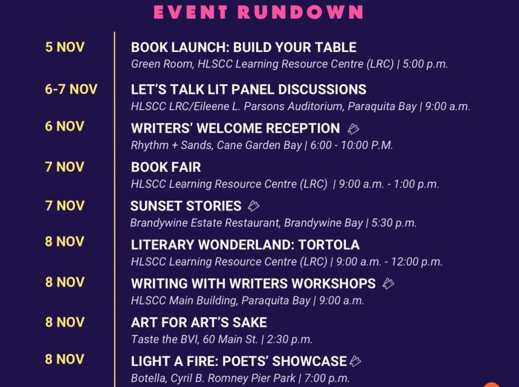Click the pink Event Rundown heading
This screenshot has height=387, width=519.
click(259, 12)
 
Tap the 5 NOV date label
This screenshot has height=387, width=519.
click(65, 47)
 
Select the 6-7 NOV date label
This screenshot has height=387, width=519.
click(71, 89)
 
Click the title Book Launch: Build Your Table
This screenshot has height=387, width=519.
click(243, 48)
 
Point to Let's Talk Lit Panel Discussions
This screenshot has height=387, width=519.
click(248, 89)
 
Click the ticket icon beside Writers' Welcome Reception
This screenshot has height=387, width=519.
click(353, 129)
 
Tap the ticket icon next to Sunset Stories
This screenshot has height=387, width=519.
click(253, 206)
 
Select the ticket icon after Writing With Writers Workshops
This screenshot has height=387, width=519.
click(388, 284)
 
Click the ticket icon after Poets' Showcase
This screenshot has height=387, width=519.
click(355, 362)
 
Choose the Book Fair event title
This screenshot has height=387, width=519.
click(166, 167)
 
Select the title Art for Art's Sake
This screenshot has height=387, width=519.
click(199, 322)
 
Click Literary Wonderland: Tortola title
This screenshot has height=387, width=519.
click(245, 245)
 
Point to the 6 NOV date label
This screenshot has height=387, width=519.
click(65, 127)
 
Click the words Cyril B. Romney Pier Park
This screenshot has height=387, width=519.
click(231, 379)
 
